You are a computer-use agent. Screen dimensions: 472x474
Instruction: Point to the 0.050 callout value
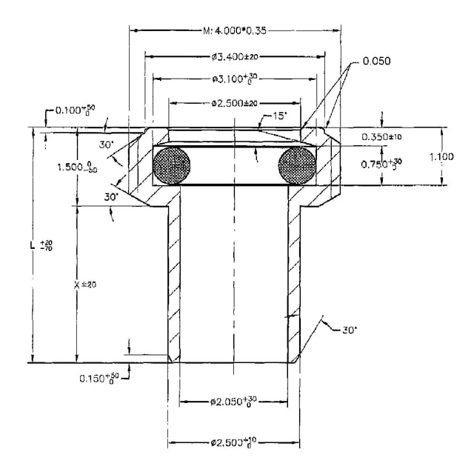tap(375, 61)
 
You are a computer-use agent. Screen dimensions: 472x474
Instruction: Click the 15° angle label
tap(279, 116)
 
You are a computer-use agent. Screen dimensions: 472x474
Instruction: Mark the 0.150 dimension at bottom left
tap(101, 378)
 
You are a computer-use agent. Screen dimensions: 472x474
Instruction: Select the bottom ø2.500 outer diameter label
tap(234, 443)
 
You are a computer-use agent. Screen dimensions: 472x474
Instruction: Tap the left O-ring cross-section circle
tap(172, 165)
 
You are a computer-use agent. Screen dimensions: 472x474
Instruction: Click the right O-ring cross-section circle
tap(297, 164)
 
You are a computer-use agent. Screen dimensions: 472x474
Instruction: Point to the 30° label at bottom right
tap(349, 329)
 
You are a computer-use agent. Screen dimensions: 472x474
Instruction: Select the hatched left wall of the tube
tap(174, 282)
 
